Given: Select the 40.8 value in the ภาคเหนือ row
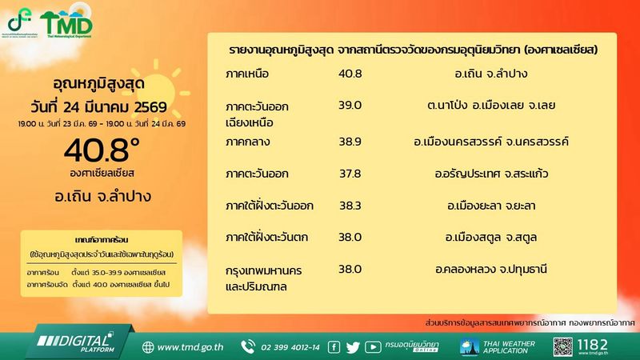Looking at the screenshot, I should [x=350, y=74].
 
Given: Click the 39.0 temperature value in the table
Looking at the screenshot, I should [x=350, y=105].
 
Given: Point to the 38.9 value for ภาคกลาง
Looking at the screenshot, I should [x=350, y=141].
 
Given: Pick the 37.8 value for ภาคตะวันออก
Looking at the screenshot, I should [x=350, y=174].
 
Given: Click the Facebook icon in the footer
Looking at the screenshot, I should [x=332, y=347].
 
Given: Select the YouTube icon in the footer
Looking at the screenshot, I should [x=373, y=347].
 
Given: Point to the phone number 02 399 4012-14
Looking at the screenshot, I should [x=288, y=347].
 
